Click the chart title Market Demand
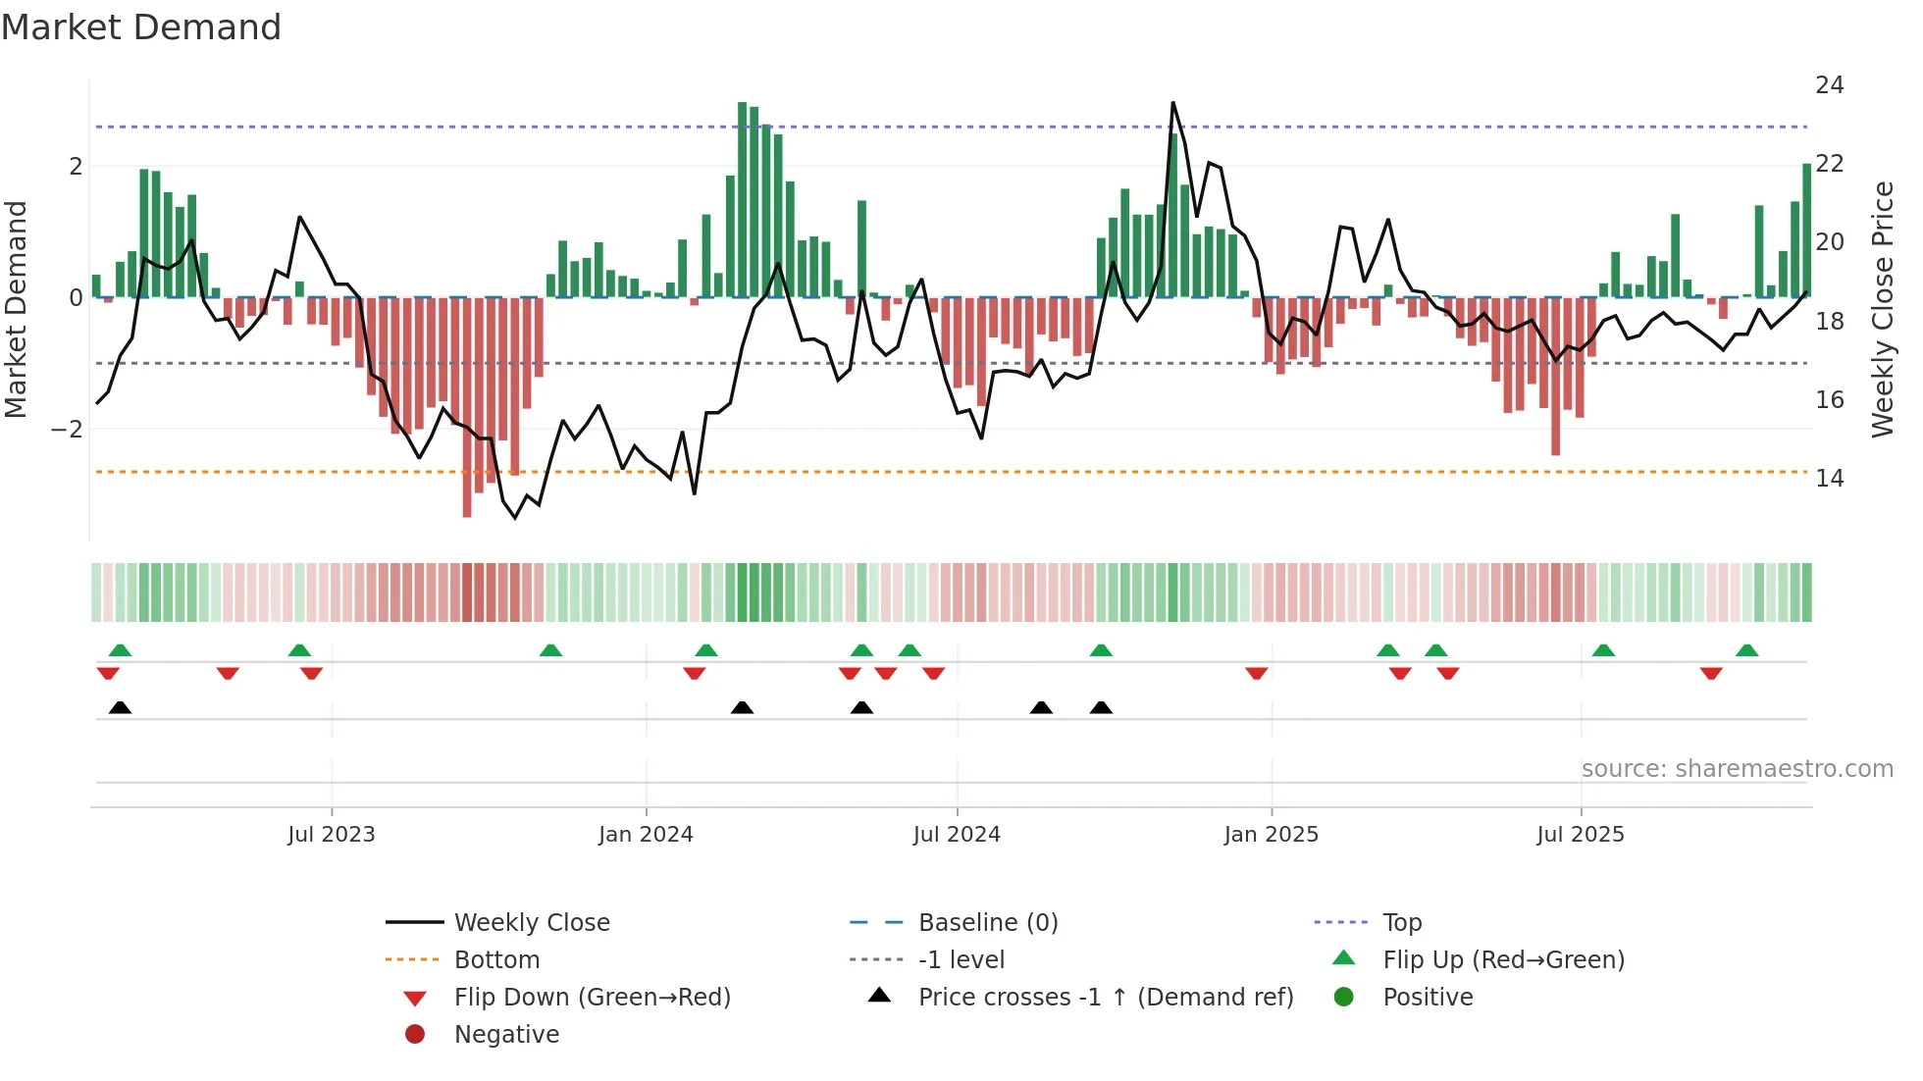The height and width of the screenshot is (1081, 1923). tap(141, 27)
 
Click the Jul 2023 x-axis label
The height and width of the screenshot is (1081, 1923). tap(331, 835)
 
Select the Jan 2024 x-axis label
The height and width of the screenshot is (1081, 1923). tap(646, 835)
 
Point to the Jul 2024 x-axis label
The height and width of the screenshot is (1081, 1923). tap(957, 835)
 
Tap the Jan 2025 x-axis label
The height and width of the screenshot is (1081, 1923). tap(1271, 835)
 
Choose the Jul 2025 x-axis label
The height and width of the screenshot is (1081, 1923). tap(1581, 835)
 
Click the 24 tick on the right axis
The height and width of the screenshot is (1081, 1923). tap(1829, 85)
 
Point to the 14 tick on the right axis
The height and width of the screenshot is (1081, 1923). tap(1829, 479)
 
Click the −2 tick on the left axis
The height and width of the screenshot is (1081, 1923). tap(67, 430)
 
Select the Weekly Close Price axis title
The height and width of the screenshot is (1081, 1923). tap(1882, 309)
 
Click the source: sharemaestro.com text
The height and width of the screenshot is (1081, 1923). tap(1737, 769)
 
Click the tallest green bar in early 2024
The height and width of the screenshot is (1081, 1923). tap(743, 196)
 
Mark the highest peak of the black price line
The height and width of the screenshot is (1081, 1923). tap(1172, 103)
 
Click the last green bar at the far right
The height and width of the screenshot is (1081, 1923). tap(1806, 231)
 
